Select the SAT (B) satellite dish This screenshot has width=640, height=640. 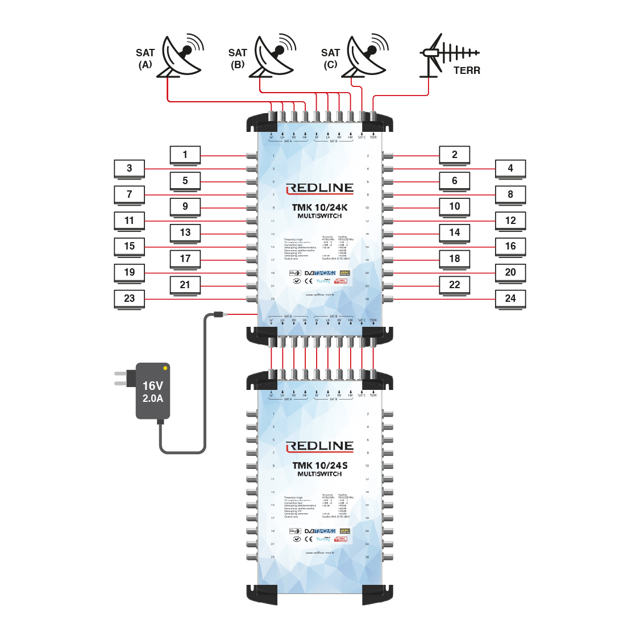pyautogui.click(x=275, y=57)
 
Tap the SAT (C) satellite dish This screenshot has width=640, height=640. pyautogui.click(x=367, y=57)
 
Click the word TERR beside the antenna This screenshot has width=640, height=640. pyautogui.click(x=467, y=70)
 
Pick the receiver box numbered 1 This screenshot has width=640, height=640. pyautogui.click(x=185, y=155)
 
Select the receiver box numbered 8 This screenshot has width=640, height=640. pyautogui.click(x=510, y=194)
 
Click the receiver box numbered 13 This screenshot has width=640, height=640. pyautogui.click(x=185, y=232)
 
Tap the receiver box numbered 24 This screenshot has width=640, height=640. pyautogui.click(x=510, y=298)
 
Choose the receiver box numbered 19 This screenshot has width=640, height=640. pyautogui.click(x=130, y=272)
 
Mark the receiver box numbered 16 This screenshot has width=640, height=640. pyautogui.click(x=510, y=246)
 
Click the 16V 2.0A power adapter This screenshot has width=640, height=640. pyautogui.click(x=153, y=392)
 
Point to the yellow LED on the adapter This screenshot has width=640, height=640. pyautogui.click(x=165, y=368)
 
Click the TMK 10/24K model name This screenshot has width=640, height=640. pyautogui.click(x=319, y=207)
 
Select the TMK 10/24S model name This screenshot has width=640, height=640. pyautogui.click(x=319, y=466)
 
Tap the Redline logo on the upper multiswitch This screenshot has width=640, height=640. pyautogui.click(x=319, y=188)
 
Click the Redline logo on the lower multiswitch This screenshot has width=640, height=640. pyautogui.click(x=319, y=446)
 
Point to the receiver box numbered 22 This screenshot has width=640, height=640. pyautogui.click(x=455, y=285)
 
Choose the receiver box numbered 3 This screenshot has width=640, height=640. pyautogui.click(x=130, y=168)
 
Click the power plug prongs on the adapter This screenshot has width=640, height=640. pyautogui.click(x=120, y=379)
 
